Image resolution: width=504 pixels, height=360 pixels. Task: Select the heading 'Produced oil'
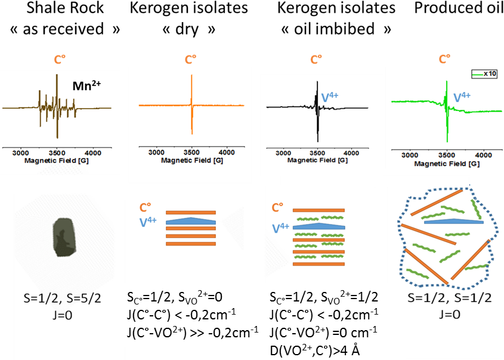(452, 9)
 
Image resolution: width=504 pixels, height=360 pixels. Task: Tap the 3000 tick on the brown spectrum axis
(21, 152)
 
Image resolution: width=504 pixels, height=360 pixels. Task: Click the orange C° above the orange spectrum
(190, 60)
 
